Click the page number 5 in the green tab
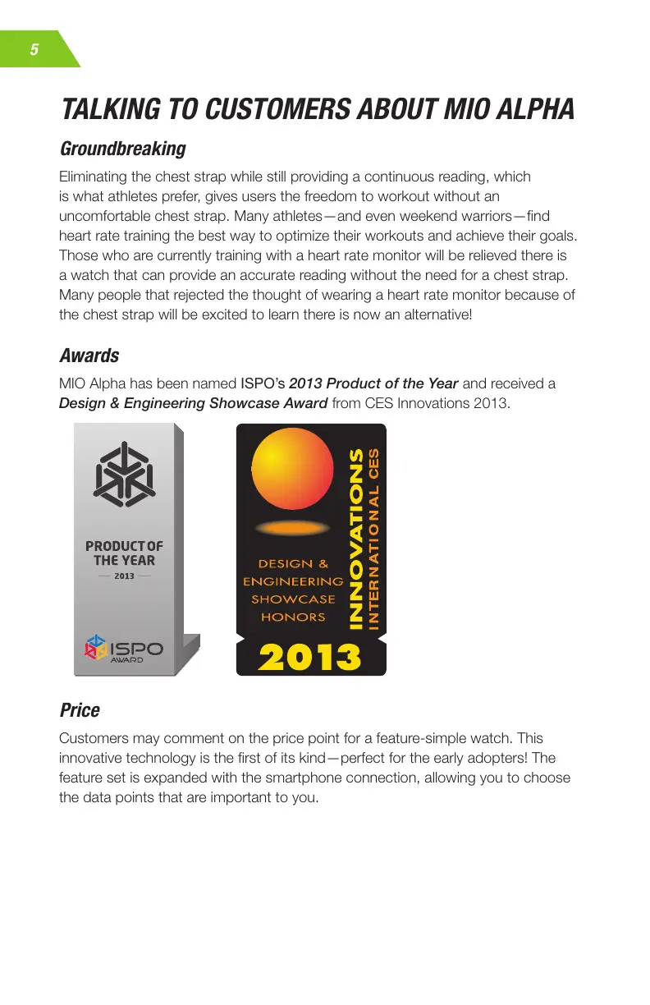coord(34,49)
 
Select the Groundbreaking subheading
coord(122,149)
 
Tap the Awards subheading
coord(89,356)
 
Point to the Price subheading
coord(80,709)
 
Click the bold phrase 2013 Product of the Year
coord(373,383)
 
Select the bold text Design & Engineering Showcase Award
coord(194,403)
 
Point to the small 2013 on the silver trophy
coord(123,576)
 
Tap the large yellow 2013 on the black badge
coord(310,656)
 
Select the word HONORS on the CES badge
coord(293,617)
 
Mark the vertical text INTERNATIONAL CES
coord(374,539)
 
